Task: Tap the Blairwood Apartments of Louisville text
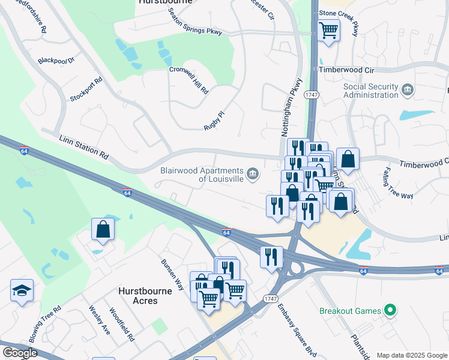click(x=202, y=175)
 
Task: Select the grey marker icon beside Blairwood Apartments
click(x=253, y=175)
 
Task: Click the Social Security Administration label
click(x=370, y=91)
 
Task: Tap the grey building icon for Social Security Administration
click(x=408, y=90)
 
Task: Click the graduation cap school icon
click(x=22, y=291)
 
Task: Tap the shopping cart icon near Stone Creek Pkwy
click(x=328, y=29)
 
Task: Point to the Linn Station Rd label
click(x=83, y=147)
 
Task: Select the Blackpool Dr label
click(x=55, y=61)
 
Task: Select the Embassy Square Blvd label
click(x=288, y=323)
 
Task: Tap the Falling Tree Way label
click(x=397, y=182)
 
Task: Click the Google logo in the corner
click(x=20, y=352)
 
